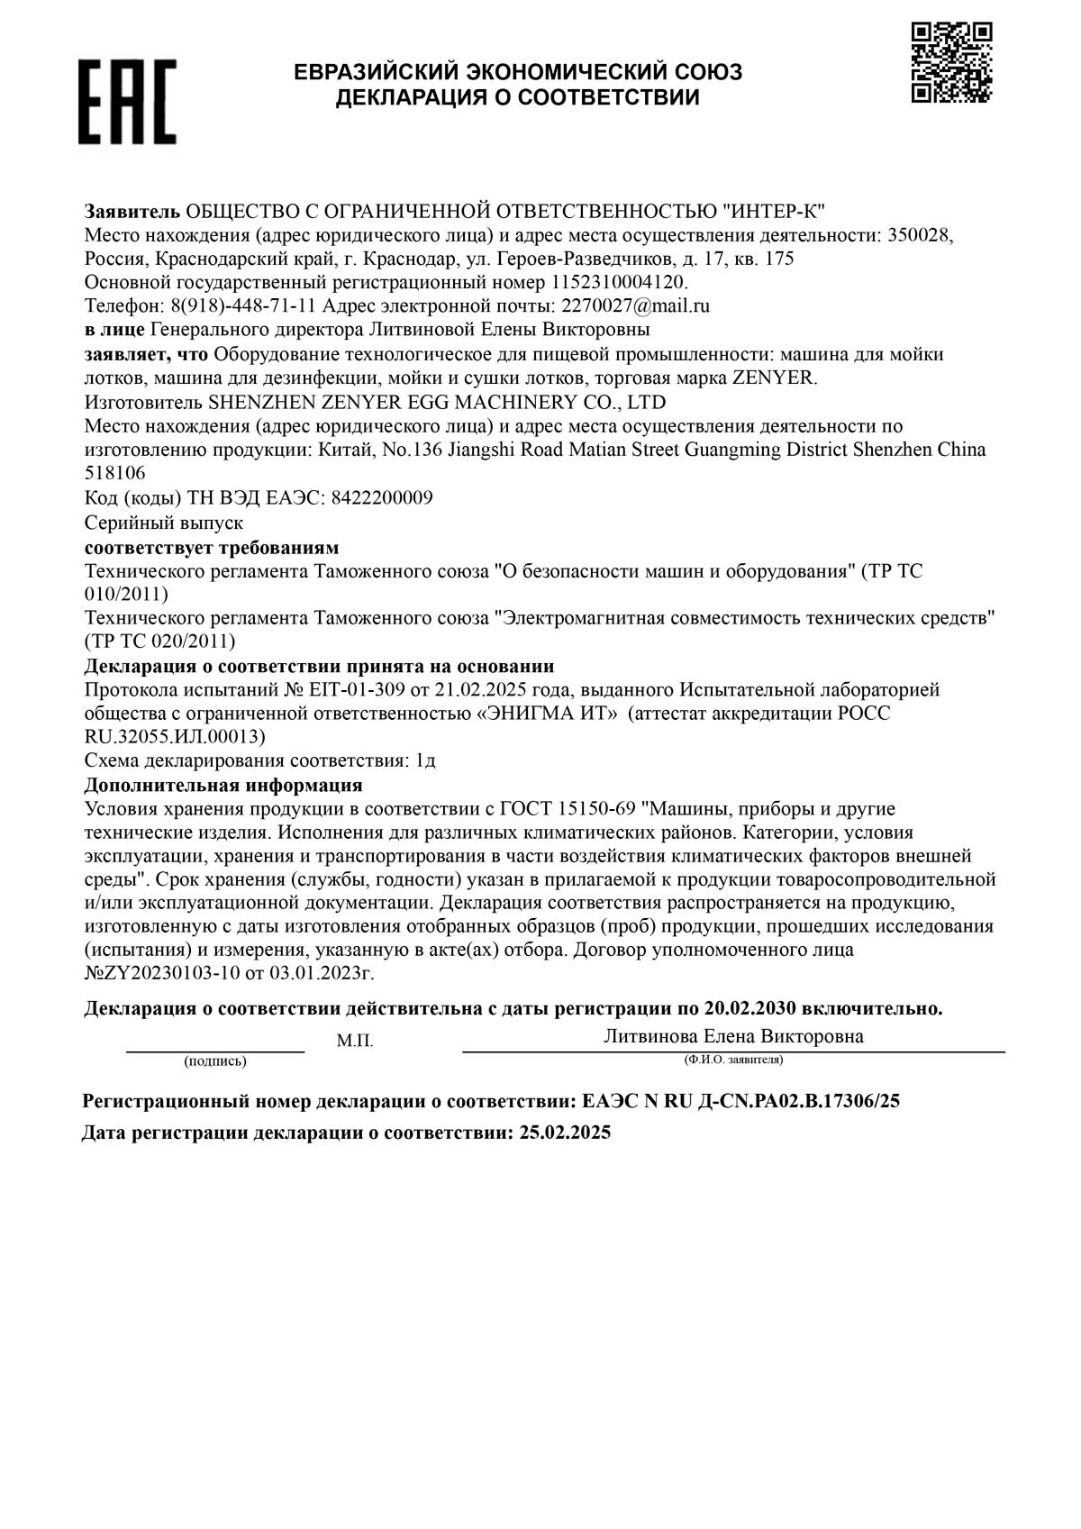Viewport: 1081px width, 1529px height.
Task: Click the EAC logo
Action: pyautogui.click(x=126, y=102)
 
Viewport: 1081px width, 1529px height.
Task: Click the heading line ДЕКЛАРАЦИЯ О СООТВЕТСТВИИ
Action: pyautogui.click(x=518, y=97)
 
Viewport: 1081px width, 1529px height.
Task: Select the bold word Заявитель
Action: pyautogui.click(x=132, y=212)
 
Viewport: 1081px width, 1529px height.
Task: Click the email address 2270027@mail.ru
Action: pyautogui.click(x=635, y=305)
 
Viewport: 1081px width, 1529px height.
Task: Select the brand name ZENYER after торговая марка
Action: pyautogui.click(x=773, y=378)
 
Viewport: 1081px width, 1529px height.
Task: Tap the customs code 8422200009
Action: pyautogui.click(x=382, y=498)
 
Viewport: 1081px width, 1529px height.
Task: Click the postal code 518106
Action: pyautogui.click(x=114, y=473)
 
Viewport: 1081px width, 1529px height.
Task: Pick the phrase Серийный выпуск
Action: pyautogui.click(x=163, y=523)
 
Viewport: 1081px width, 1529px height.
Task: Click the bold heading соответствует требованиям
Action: pyautogui.click(x=212, y=548)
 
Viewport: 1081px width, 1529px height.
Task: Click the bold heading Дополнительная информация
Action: pyautogui.click(x=223, y=785)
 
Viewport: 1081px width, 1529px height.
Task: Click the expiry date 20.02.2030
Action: pyautogui.click(x=750, y=1009)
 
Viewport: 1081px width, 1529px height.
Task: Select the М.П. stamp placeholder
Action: pyautogui.click(x=355, y=1042)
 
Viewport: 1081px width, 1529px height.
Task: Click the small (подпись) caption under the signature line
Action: pyautogui.click(x=214, y=1061)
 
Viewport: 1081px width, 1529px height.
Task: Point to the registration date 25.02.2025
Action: pyautogui.click(x=565, y=1133)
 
